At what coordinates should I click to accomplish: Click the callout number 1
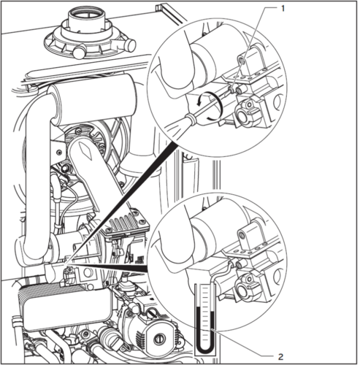click(283, 9)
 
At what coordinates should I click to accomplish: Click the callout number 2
click(280, 357)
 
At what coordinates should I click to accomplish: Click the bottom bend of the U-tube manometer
click(205, 350)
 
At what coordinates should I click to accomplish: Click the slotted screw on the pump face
click(160, 339)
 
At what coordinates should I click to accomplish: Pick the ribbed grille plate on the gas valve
click(127, 224)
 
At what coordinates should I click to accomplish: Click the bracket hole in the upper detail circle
click(242, 60)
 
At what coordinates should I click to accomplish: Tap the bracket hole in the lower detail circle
click(242, 235)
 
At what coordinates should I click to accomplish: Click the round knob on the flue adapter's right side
click(129, 45)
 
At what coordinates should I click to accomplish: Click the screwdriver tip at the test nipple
click(229, 91)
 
